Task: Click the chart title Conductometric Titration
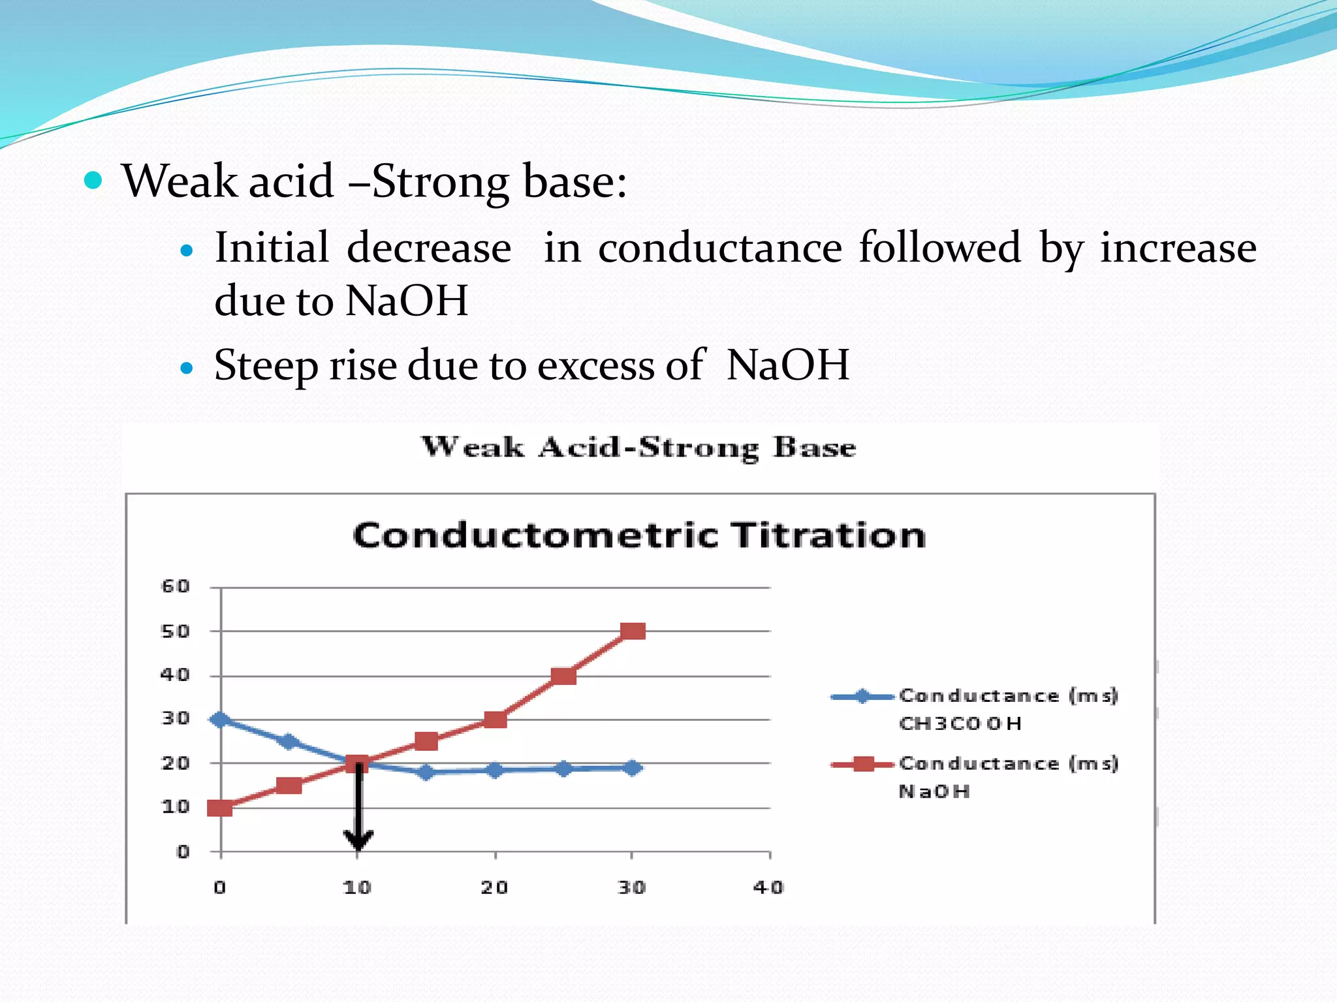tap(638, 536)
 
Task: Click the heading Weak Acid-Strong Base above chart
tap(638, 448)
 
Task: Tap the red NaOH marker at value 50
tap(633, 631)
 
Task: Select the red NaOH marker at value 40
tap(563, 676)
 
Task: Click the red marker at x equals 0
tap(219, 808)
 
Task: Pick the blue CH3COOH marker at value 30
tap(219, 719)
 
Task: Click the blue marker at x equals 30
tap(632, 768)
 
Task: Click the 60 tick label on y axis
tap(175, 586)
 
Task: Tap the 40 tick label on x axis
tap(768, 887)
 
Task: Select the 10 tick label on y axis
tap(175, 807)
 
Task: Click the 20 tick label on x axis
tap(494, 887)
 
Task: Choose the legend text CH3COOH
tap(960, 723)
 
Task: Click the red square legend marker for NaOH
tap(863, 764)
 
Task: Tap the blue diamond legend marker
tap(862, 696)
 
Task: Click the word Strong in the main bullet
tap(441, 181)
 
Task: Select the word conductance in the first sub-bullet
tap(719, 248)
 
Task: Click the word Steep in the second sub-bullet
tap(266, 365)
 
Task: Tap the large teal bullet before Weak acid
tap(93, 180)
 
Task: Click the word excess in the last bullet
tap(595, 365)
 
